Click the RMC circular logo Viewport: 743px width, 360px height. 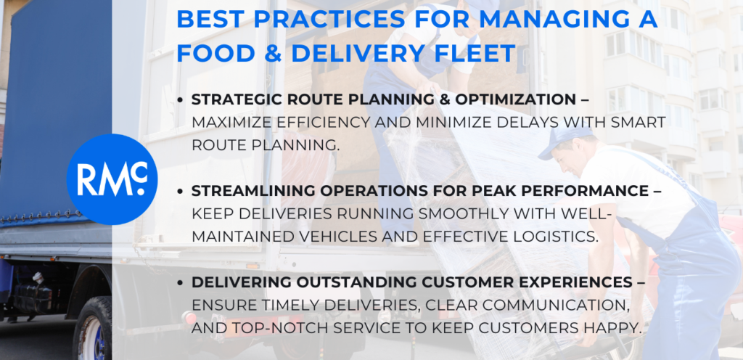click(112, 179)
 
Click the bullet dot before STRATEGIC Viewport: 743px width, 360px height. click(180, 100)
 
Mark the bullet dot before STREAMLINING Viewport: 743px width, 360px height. click(180, 192)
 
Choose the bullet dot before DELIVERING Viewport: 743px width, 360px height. click(180, 283)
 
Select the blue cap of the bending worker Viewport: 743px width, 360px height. click(563, 141)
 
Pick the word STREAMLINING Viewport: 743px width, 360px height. click(253, 191)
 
